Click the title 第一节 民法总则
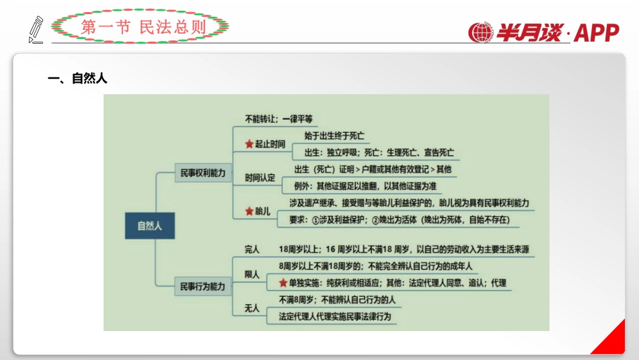coord(140,27)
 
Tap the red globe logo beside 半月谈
coord(481,33)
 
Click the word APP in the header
coord(597,32)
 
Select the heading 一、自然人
coord(77,79)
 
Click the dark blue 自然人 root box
coord(149,225)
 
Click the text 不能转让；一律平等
coord(278,118)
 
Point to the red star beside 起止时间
coord(249,144)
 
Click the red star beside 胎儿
coord(249,211)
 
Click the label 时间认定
coord(260,178)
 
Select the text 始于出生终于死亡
coord(330,135)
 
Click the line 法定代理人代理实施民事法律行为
coord(334,316)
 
